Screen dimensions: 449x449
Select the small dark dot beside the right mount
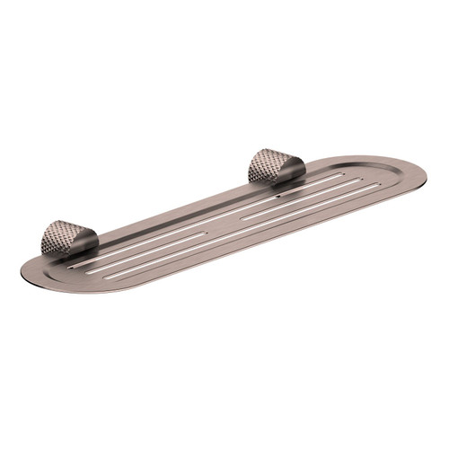279,191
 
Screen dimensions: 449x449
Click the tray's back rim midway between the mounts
180,212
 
